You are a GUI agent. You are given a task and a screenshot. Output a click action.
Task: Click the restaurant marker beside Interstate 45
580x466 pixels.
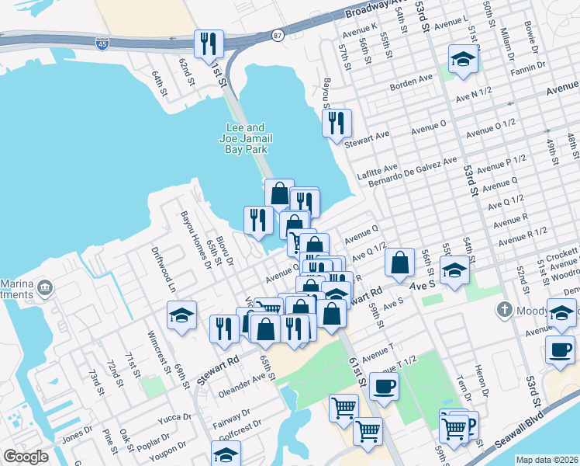(208, 44)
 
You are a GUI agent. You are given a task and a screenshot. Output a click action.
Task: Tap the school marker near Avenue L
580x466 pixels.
(463, 59)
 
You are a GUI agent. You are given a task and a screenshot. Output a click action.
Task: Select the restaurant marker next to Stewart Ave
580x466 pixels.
(337, 123)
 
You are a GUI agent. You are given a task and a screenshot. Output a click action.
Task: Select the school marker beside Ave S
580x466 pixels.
(454, 272)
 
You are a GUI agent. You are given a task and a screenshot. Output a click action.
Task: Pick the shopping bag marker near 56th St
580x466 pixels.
(399, 263)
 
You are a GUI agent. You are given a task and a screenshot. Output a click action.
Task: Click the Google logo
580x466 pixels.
(26, 457)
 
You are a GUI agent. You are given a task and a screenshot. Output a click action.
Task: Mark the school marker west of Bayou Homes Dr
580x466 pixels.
(182, 316)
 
